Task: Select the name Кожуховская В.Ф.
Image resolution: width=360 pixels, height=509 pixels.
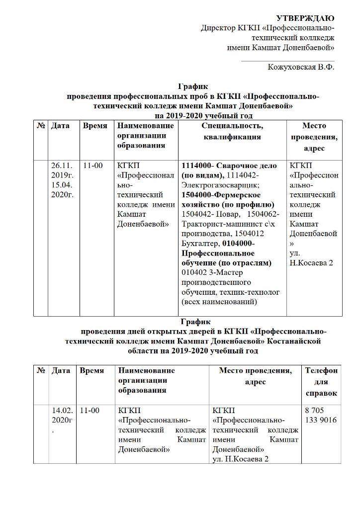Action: [x=301, y=67]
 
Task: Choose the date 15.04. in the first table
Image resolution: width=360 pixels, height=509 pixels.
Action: [x=62, y=184]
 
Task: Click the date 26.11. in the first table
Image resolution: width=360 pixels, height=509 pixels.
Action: [x=62, y=166]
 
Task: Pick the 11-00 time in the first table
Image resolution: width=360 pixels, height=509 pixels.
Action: [x=93, y=166]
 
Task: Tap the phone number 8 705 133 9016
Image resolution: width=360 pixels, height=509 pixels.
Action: [x=321, y=415]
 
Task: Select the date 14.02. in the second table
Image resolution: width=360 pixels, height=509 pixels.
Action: [x=62, y=411]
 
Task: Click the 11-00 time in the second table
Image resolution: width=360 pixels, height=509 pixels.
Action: [x=90, y=411]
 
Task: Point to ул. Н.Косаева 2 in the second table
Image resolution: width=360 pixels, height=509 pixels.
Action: [x=241, y=459]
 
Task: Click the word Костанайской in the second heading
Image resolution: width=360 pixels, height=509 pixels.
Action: [x=294, y=341]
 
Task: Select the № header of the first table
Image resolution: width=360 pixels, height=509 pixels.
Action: [x=41, y=126]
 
